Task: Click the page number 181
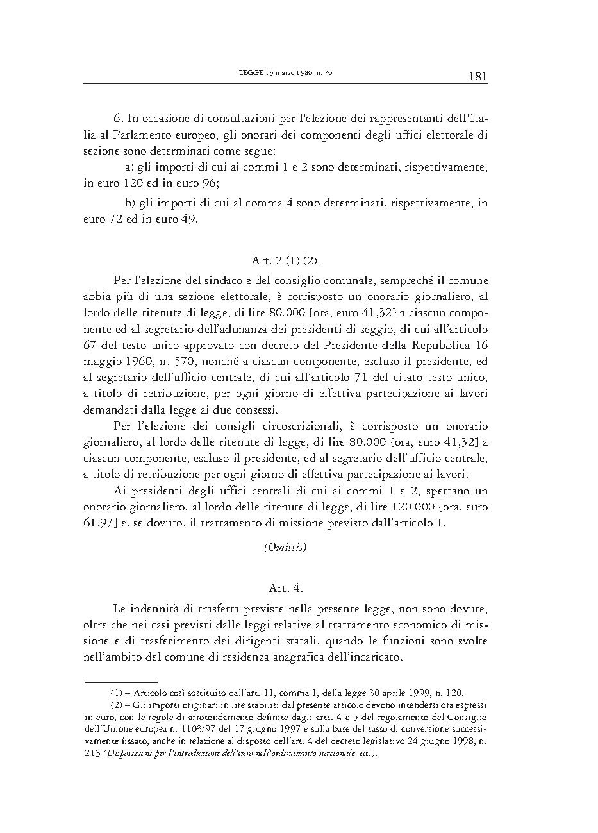pyautogui.click(x=478, y=76)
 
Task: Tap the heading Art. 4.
pyautogui.click(x=286, y=587)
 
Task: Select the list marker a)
pyautogui.click(x=129, y=167)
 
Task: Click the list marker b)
pyautogui.click(x=130, y=203)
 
